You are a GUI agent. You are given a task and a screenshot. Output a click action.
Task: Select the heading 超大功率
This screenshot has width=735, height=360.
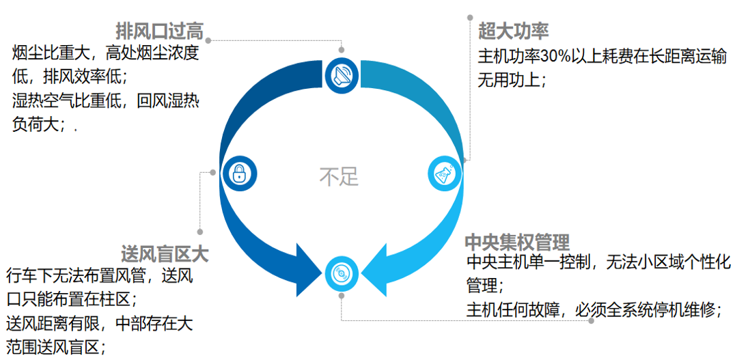[514, 31]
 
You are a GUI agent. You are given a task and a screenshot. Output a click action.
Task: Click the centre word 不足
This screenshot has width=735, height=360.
[339, 176]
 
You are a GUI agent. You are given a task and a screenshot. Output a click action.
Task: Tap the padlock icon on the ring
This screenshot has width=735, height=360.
[238, 174]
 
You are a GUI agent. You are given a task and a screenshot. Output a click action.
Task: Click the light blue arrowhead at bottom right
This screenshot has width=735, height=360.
[380, 263]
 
